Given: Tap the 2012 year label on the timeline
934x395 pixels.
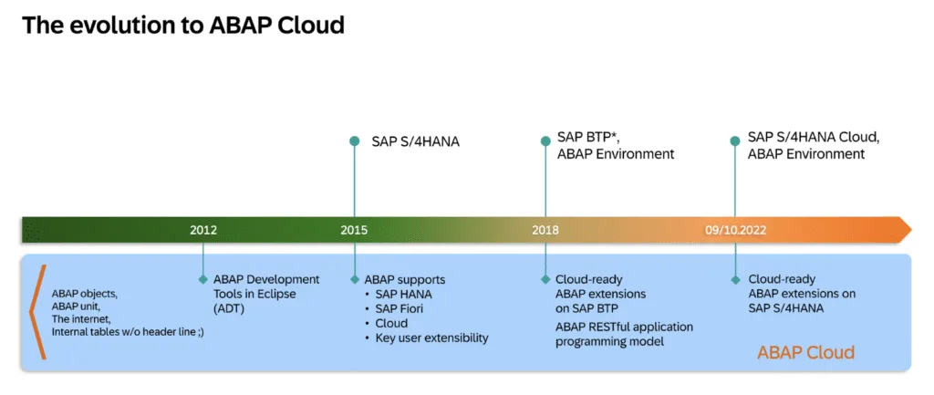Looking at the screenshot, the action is [203, 230].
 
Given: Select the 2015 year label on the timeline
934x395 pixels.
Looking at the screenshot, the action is [355, 230].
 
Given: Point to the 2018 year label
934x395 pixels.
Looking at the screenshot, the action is [545, 230].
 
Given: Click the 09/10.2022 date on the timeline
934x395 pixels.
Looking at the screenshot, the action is [736, 230].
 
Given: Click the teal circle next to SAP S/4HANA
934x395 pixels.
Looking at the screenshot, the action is [355, 141].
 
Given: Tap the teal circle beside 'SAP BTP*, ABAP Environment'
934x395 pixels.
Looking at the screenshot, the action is [545, 141].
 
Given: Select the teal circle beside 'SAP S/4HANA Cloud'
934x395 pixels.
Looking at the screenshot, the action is [736, 141].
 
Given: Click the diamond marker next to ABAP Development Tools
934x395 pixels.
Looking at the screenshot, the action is [203, 279].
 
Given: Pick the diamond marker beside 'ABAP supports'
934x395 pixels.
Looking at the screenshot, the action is [355, 279].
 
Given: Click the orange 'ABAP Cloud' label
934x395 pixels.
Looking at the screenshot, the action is [806, 352].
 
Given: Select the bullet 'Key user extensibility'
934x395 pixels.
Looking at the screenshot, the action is [431, 338].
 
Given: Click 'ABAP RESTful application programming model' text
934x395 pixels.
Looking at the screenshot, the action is [624, 334].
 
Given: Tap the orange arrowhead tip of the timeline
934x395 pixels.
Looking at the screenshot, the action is [911, 230].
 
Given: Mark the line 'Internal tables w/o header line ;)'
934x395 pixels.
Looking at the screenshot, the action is [128, 332].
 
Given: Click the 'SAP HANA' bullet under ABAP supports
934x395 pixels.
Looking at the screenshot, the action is [403, 295].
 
